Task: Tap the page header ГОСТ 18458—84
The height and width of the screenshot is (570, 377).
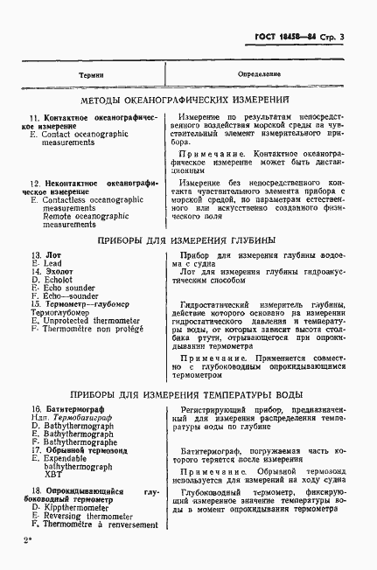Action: point(284,37)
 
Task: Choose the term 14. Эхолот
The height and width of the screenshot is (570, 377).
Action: point(54,271)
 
